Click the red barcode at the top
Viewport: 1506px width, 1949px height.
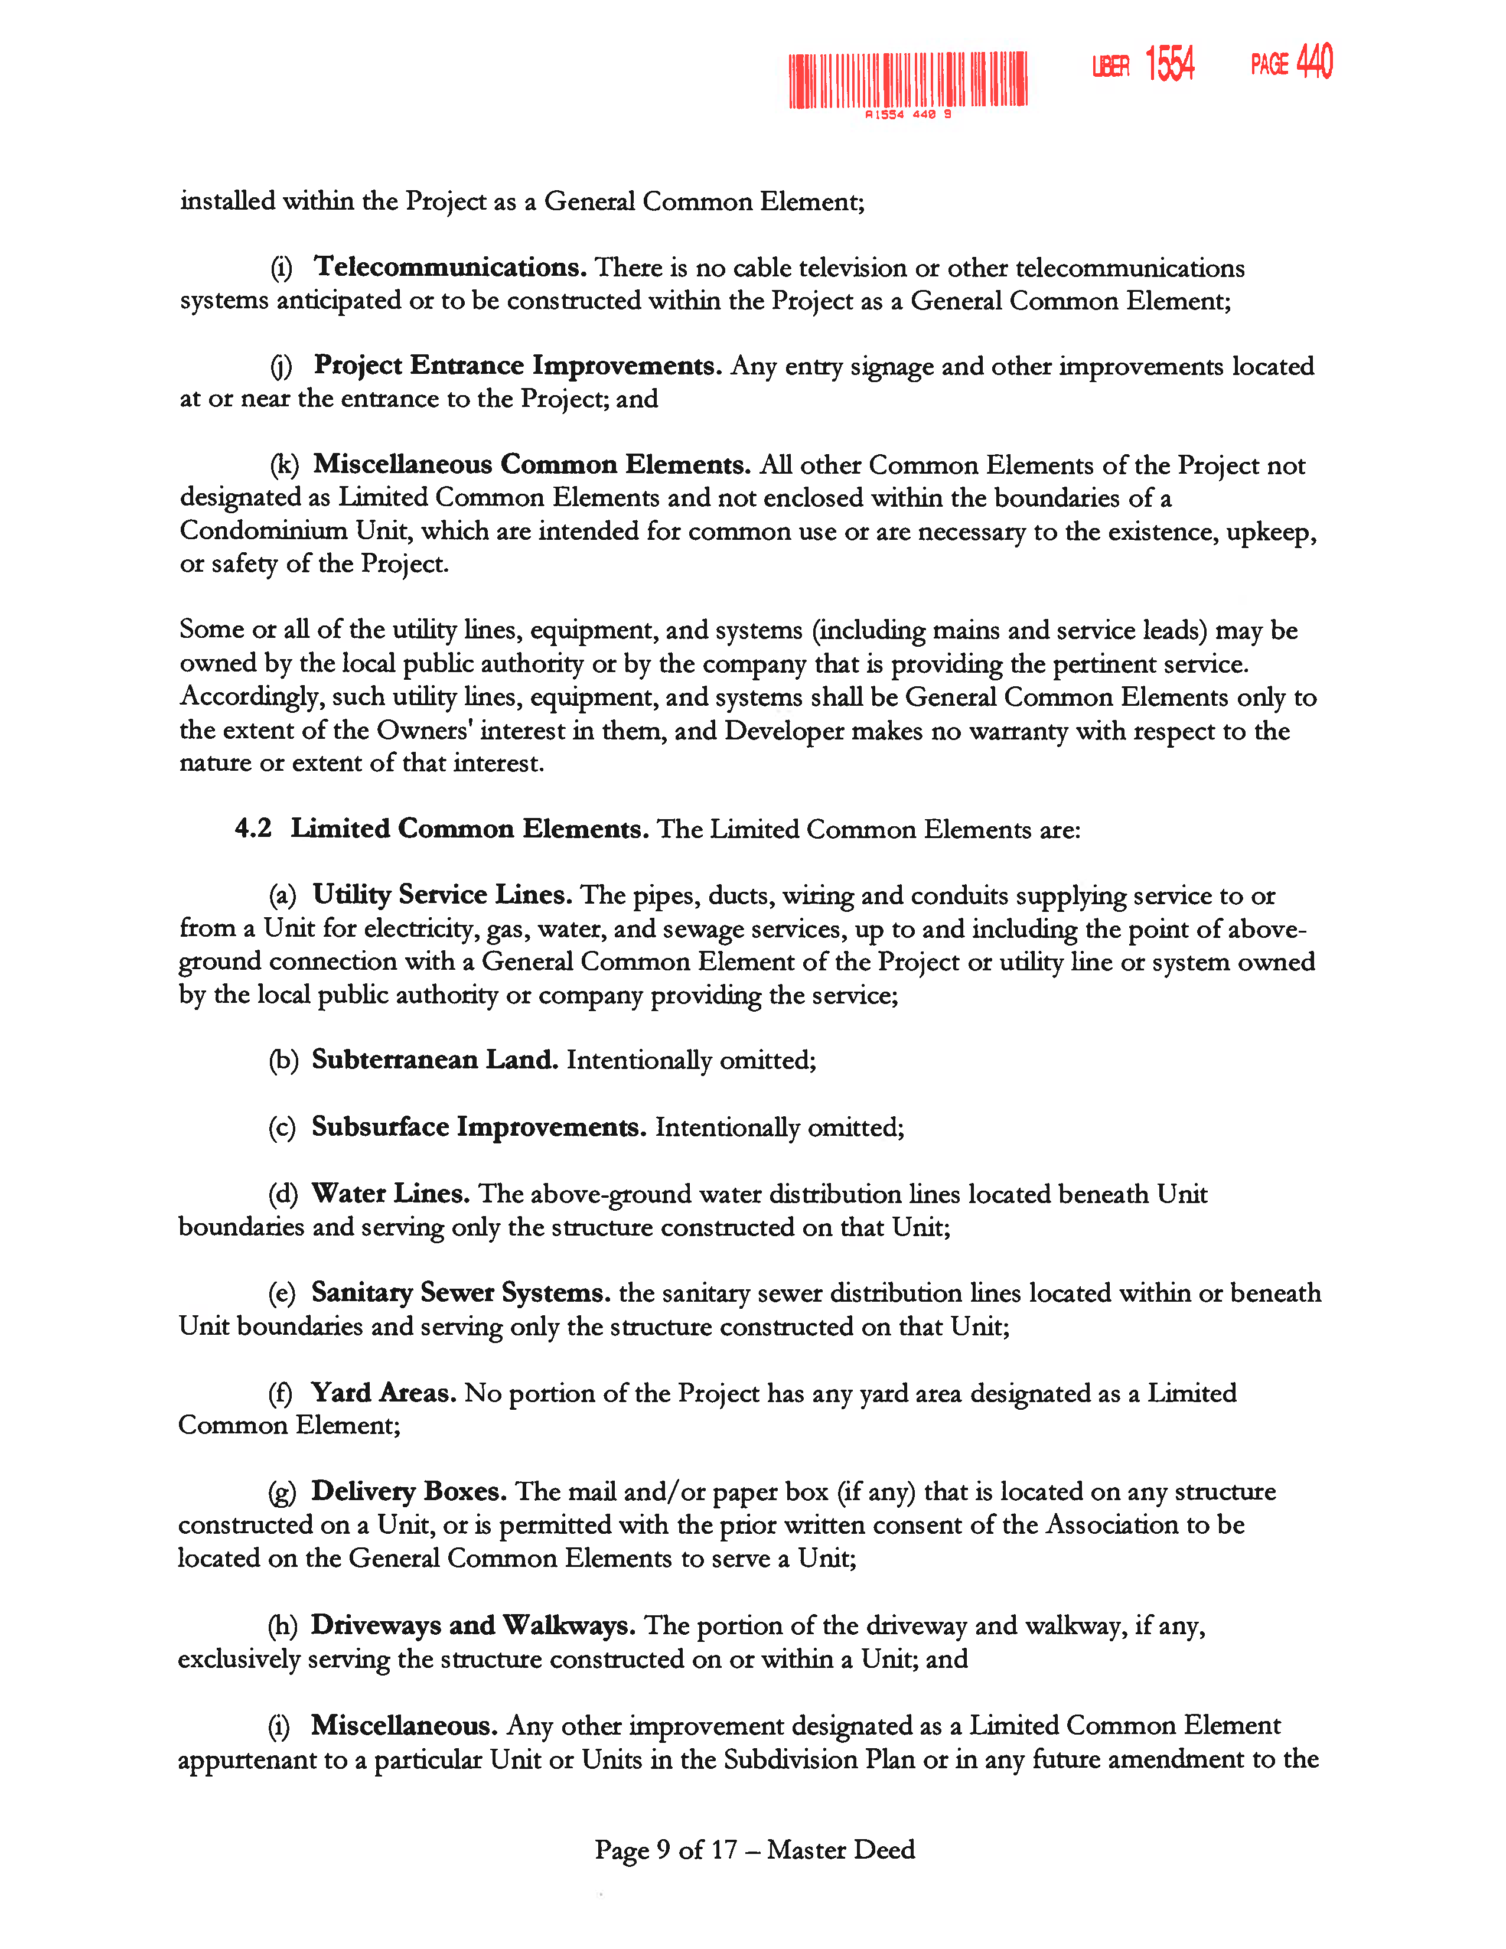pyautogui.click(x=907, y=80)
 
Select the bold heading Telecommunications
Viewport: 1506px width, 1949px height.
pyautogui.click(x=449, y=267)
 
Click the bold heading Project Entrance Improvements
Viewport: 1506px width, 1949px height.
pyautogui.click(x=517, y=366)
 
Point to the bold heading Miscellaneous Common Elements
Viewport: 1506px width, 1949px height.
pyautogui.click(x=532, y=465)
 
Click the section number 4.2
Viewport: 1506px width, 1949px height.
pyautogui.click(x=253, y=829)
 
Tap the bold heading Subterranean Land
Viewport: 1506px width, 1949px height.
pyautogui.click(x=435, y=1060)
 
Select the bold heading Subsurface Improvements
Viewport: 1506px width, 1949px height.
pyautogui.click(x=478, y=1127)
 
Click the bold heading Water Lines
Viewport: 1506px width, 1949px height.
pyautogui.click(x=390, y=1194)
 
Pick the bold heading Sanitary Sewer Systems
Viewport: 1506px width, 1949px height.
pyautogui.click(x=461, y=1293)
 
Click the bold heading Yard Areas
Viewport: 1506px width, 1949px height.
pyautogui.click(x=384, y=1393)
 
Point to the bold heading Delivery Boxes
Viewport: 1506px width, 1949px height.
pyautogui.click(x=409, y=1492)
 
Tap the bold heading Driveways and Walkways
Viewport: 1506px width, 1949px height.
pyautogui.click(x=473, y=1626)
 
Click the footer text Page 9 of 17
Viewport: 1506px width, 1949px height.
pyautogui.click(x=666, y=1850)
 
